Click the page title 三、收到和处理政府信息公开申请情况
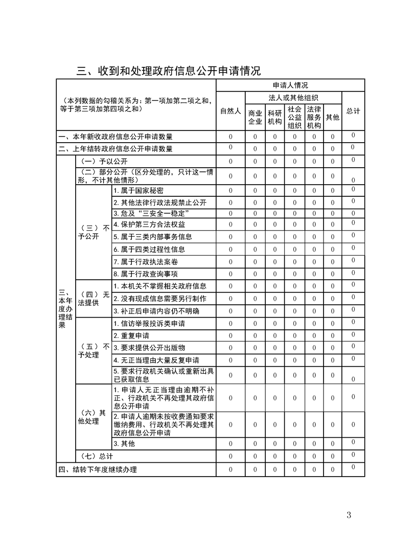(168, 71)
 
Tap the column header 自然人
(230, 111)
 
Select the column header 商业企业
(255, 117)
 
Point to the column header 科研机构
(274, 117)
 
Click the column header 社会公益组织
(294, 117)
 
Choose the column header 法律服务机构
(314, 117)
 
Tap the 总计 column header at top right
(353, 111)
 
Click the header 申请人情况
(290, 85)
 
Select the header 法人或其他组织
(294, 97)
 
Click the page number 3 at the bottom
(349, 515)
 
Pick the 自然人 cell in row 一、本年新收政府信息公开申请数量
(230, 137)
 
